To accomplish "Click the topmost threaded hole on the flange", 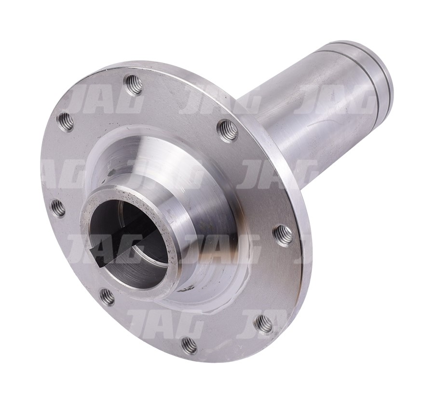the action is (134, 82).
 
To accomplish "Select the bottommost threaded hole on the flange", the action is (190, 345).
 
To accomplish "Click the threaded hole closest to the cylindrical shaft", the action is (227, 129).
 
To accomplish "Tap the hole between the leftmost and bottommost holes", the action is (107, 296).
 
